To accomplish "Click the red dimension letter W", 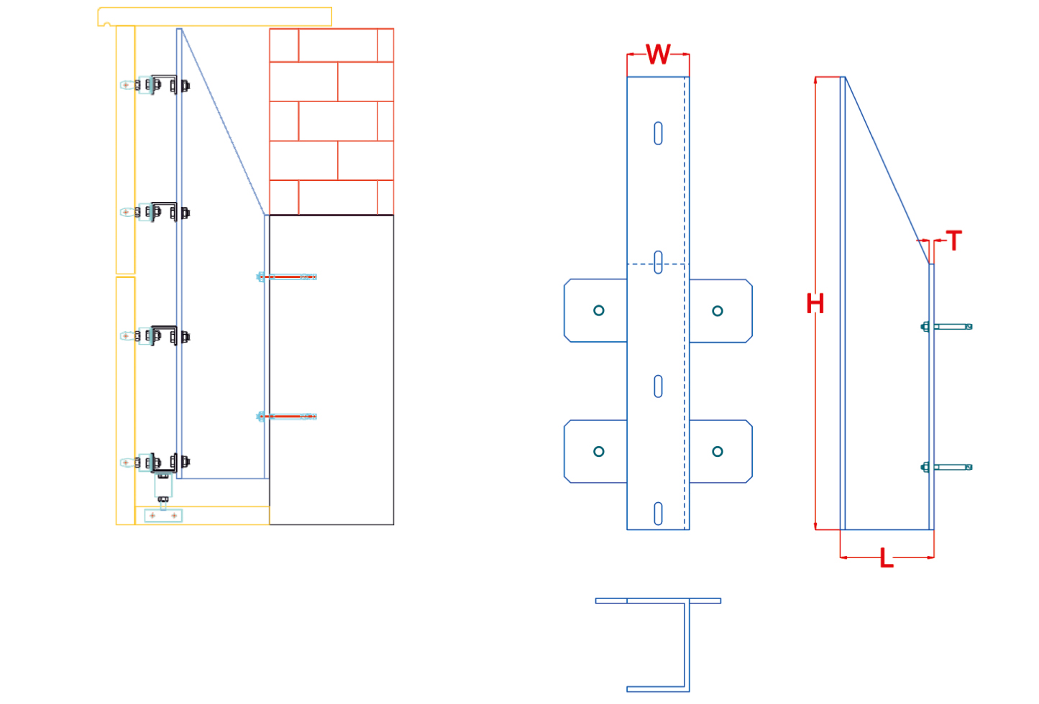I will (658, 55).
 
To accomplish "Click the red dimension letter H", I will (815, 304).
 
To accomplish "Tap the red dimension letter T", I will (954, 241).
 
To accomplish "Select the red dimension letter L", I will (887, 558).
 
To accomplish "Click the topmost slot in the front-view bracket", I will (658, 134).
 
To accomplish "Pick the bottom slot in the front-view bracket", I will (658, 513).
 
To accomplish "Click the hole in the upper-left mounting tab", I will (599, 310).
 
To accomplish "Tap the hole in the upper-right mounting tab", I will (718, 311).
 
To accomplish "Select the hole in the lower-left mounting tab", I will (599, 451).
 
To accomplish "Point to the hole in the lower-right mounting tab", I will (718, 451).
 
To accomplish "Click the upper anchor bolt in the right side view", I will (946, 327).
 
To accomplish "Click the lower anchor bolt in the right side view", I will (946, 467).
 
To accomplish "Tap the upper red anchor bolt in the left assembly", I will (287, 277).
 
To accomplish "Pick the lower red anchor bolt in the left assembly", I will (287, 417).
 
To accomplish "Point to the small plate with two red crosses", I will (163, 515).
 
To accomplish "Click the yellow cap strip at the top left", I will (215, 17).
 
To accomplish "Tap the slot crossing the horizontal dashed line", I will (658, 262).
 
